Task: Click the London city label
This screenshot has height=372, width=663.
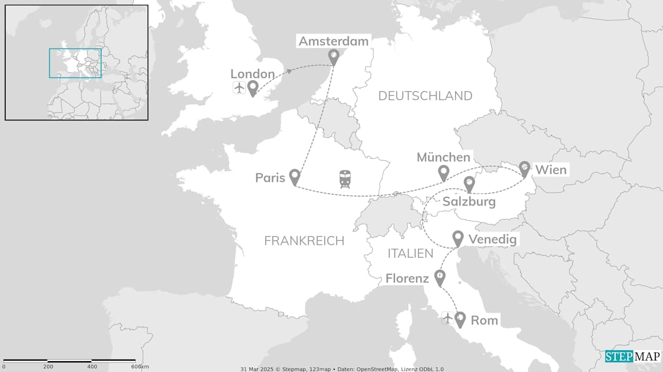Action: tap(252, 74)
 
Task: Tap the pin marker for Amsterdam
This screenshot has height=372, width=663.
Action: tap(334, 56)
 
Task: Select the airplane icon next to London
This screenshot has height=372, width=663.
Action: tap(239, 88)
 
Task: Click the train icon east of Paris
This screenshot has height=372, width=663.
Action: tap(345, 179)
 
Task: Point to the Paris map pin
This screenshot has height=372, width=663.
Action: tap(294, 177)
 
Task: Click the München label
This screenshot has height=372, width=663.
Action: tap(443, 157)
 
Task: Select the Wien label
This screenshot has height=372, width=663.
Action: tap(551, 169)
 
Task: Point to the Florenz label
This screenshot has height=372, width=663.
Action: tap(407, 279)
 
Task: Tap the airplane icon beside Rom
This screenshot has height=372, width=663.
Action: tap(448, 318)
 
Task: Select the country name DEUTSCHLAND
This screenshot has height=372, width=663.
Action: tap(425, 96)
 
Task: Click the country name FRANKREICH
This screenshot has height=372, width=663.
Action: tap(304, 240)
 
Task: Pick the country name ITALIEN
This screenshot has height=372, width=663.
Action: tap(410, 253)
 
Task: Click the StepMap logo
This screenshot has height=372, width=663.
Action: tap(632, 356)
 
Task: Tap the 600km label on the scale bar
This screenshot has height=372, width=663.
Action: tap(140, 367)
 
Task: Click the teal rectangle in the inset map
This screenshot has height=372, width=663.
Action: tap(75, 49)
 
